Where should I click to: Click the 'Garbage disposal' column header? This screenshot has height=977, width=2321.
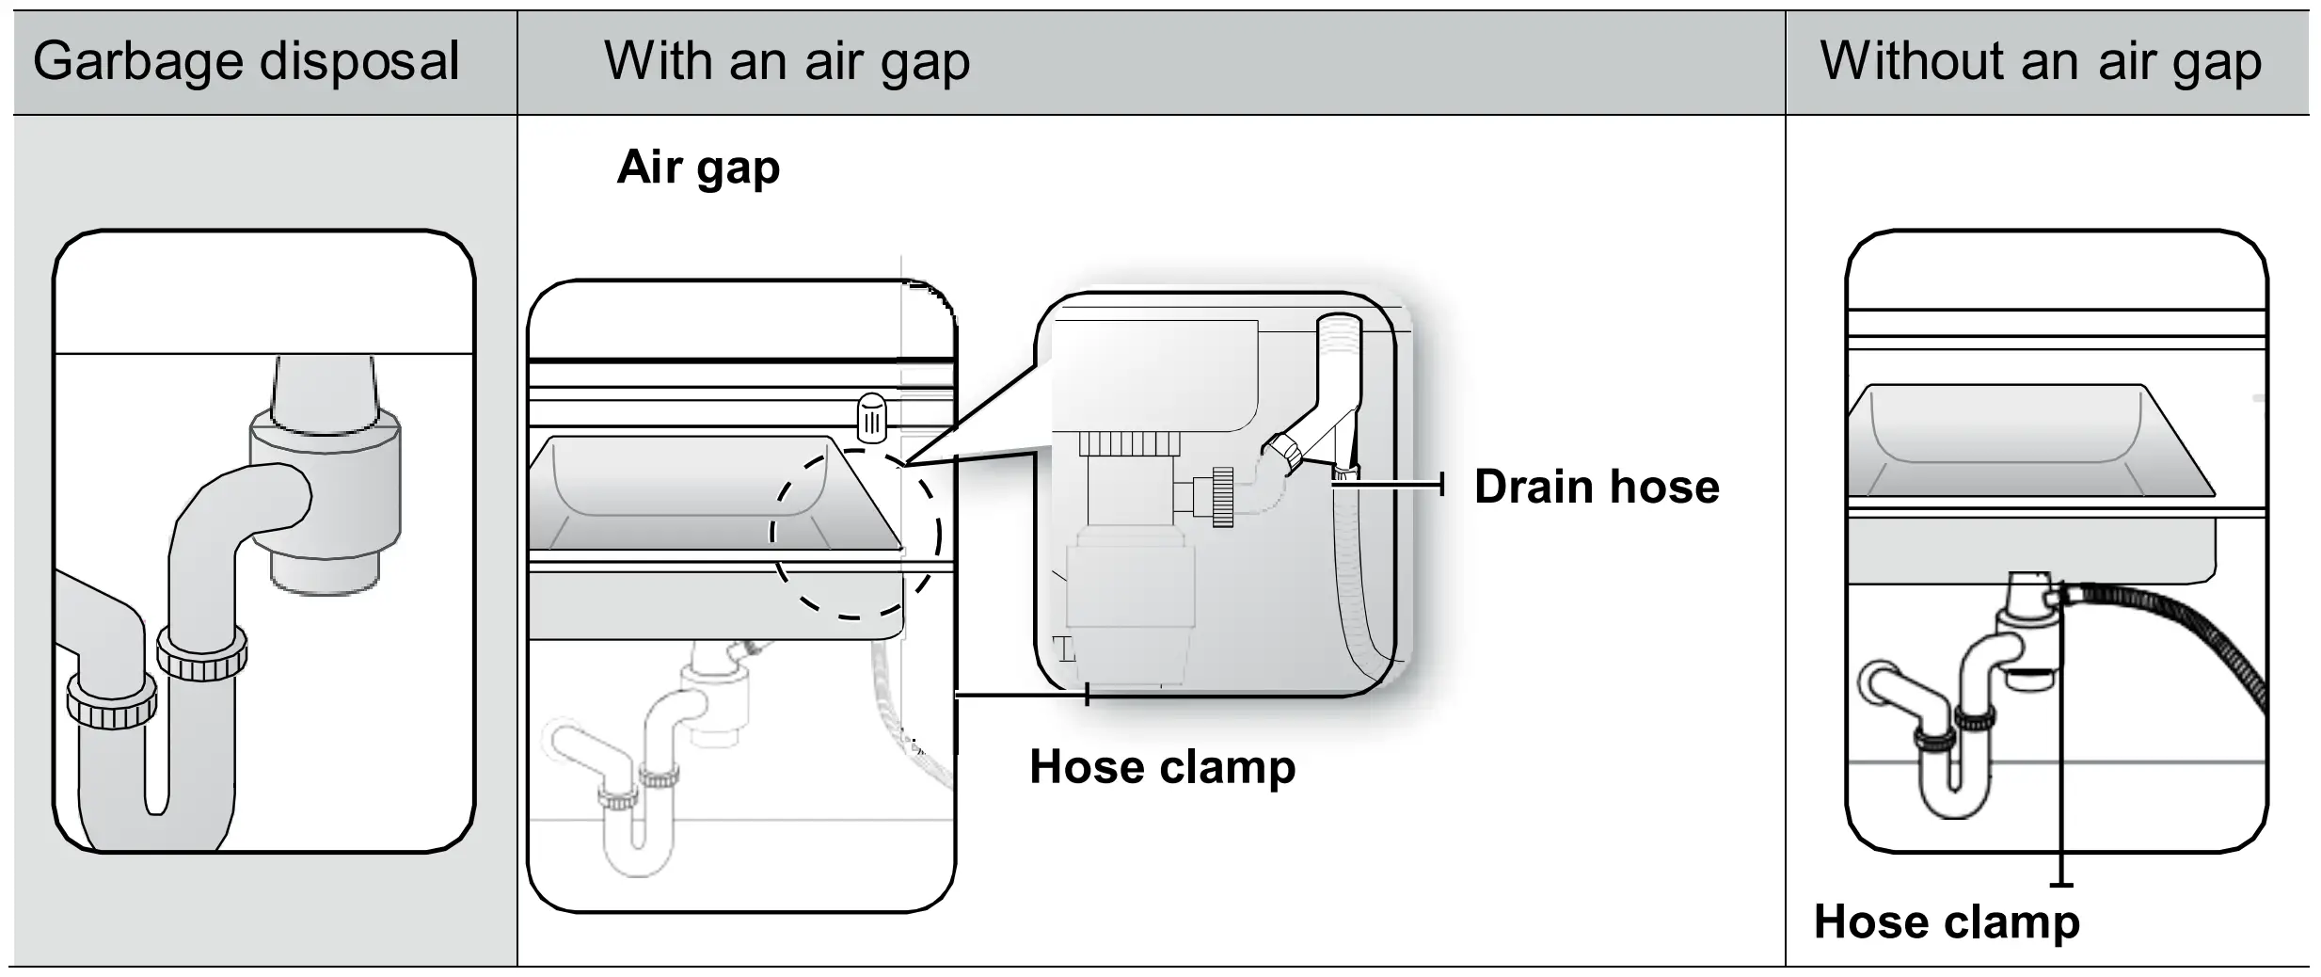[x=246, y=62]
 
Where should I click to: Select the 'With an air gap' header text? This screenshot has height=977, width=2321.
[x=787, y=62]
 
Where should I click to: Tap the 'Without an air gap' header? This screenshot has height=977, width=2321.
[x=2040, y=62]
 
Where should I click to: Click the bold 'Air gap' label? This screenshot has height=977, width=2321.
[x=698, y=168]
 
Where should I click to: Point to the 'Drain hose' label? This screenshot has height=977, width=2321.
[x=1596, y=487]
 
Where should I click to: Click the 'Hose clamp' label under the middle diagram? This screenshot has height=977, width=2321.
[x=1162, y=766]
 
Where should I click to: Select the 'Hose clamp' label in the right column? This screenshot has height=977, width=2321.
[x=1946, y=921]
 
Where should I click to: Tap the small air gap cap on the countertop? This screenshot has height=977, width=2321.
[x=871, y=417]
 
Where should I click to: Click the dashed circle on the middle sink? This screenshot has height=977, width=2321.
[x=854, y=534]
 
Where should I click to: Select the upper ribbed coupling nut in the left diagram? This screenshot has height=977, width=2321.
[x=202, y=653]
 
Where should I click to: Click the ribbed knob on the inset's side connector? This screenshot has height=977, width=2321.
[x=1222, y=496]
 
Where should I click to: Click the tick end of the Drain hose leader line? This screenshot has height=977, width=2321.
[x=1441, y=486]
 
